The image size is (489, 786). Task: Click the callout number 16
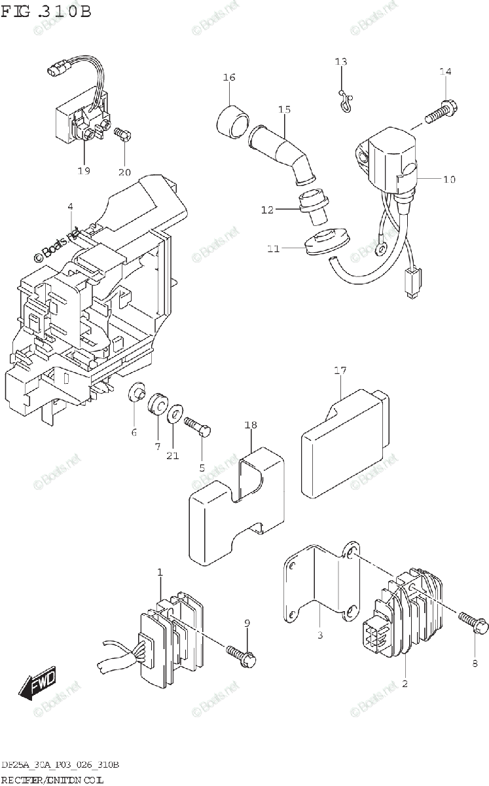click(228, 77)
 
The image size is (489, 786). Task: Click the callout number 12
click(267, 210)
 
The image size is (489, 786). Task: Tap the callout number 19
click(83, 171)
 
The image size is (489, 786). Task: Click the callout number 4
click(69, 208)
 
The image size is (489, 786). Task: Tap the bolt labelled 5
click(198, 426)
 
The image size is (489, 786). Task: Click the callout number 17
click(340, 371)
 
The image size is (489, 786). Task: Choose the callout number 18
click(251, 426)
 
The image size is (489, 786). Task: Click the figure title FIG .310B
click(46, 11)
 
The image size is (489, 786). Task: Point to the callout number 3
click(320, 635)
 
